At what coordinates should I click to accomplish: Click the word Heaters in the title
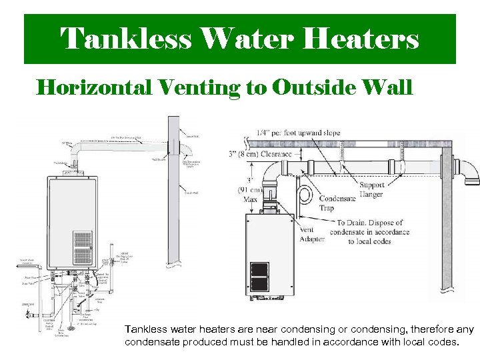click(x=361, y=39)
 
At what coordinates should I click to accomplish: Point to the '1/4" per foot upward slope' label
click(x=298, y=133)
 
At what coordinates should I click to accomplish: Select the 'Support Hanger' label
click(x=371, y=190)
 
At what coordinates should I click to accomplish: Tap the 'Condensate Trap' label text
click(x=337, y=203)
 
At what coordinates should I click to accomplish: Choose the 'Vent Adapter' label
click(x=293, y=234)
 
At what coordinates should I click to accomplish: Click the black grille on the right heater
click(x=259, y=277)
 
